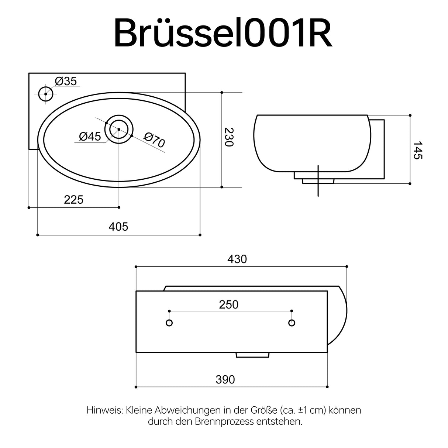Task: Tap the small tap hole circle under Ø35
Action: coord(46,94)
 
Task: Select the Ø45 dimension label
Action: coord(90,137)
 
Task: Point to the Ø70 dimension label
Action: coord(155,141)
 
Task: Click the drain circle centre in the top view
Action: coord(119,129)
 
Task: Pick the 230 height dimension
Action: coord(229,137)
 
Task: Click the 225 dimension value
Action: coord(74,200)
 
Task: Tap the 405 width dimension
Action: coord(118,226)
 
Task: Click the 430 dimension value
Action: coord(237,259)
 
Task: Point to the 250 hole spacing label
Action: coord(229,304)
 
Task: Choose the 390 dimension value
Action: coord(225,379)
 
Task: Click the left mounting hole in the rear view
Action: coord(169,323)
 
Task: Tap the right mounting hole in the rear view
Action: coord(292,323)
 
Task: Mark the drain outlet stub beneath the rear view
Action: coord(252,355)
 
